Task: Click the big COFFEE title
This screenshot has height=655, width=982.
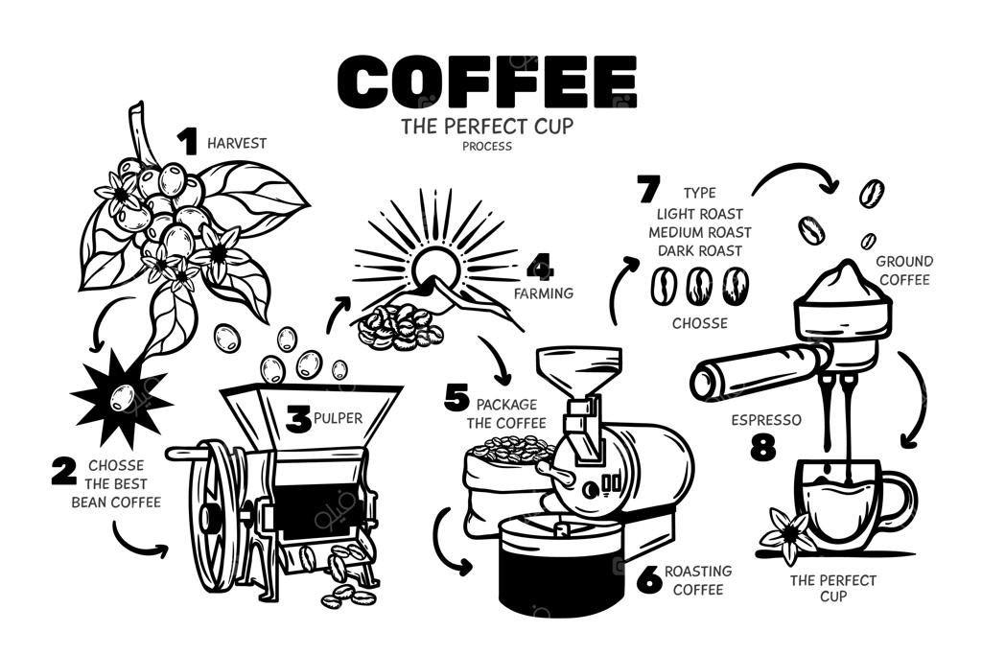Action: point(487,82)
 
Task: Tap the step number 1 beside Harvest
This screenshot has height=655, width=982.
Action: point(187,142)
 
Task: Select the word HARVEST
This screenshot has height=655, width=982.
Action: point(237,144)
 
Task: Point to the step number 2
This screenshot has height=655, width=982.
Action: point(64,471)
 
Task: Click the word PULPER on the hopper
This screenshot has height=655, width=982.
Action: point(338,418)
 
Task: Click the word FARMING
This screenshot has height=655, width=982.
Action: point(544,293)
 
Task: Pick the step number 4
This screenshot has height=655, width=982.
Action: point(540,268)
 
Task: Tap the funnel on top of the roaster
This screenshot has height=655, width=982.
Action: point(579,368)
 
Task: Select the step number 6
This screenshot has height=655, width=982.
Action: point(649,578)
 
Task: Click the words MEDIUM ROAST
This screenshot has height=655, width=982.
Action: point(699,232)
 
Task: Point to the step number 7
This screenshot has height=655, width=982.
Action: point(648,189)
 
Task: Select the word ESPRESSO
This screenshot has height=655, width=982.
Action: point(766,419)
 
